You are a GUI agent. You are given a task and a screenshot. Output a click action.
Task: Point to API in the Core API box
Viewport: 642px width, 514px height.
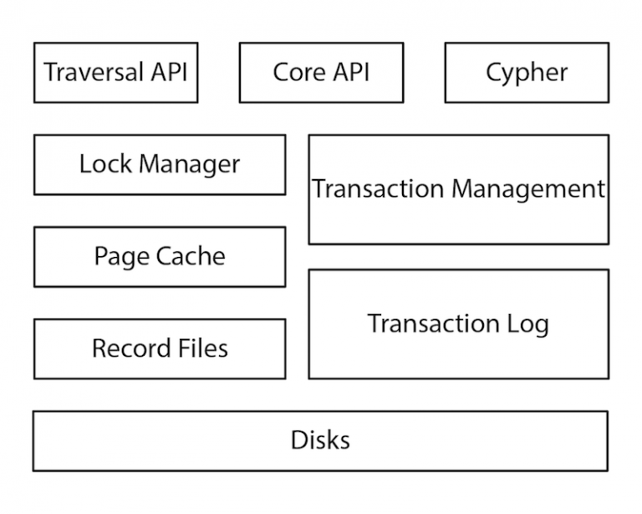tap(352, 72)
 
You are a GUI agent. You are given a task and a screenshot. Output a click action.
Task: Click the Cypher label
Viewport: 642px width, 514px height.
tap(527, 73)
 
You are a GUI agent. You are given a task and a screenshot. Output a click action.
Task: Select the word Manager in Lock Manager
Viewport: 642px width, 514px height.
tap(188, 165)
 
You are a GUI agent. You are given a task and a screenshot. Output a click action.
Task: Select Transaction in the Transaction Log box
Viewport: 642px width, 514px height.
tap(434, 323)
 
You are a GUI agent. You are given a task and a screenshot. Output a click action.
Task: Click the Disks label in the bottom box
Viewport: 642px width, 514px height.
tap(320, 439)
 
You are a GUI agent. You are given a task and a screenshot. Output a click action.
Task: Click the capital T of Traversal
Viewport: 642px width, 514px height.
tap(51, 72)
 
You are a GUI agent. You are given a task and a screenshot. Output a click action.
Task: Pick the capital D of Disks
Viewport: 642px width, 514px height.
tap(298, 439)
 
